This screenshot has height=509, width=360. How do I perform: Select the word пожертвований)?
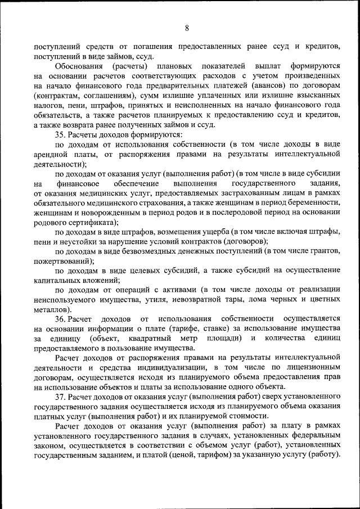tap(63, 260)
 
